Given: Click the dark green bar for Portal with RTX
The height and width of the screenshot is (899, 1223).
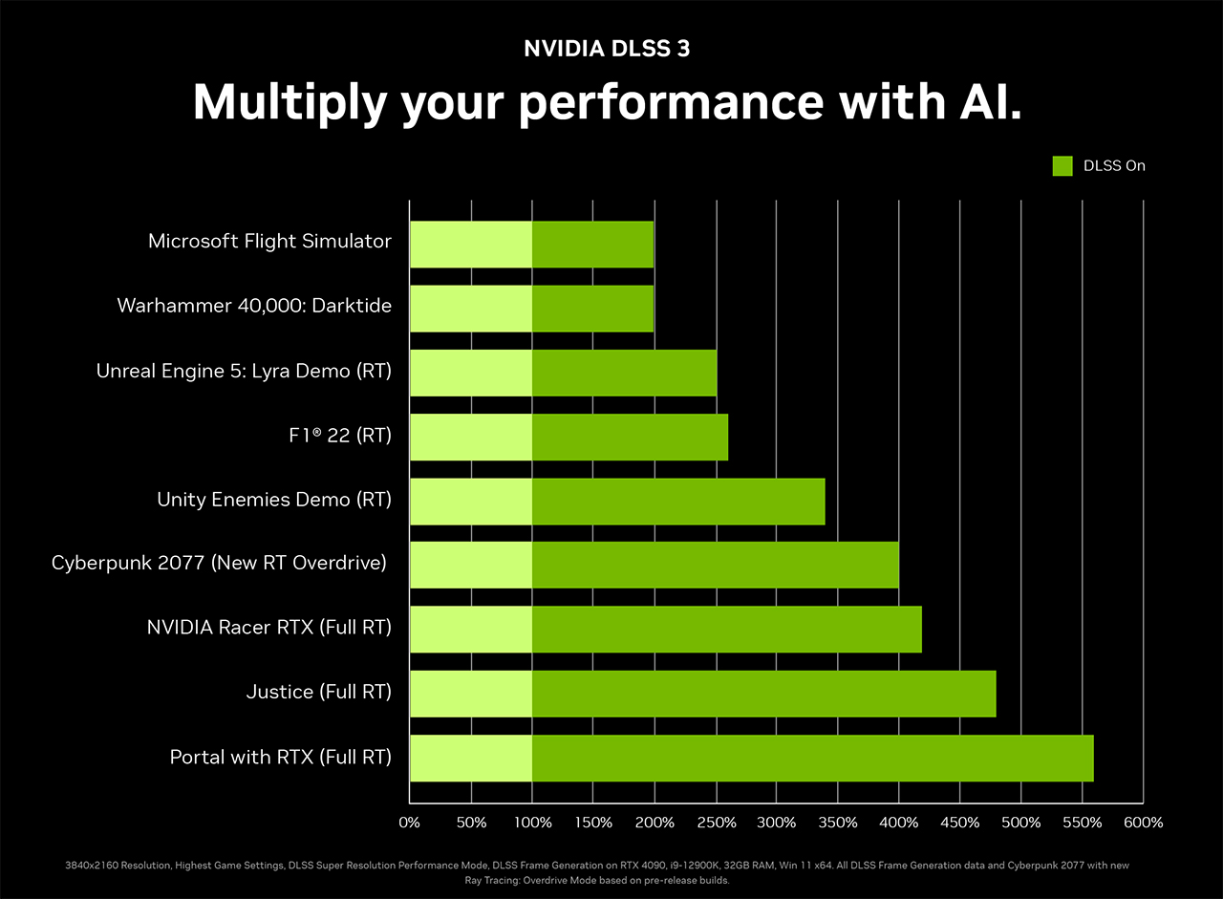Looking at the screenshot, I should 812,759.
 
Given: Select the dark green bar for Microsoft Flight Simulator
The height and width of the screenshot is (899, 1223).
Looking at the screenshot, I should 592,245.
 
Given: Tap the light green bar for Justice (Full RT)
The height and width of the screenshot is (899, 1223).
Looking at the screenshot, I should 471,694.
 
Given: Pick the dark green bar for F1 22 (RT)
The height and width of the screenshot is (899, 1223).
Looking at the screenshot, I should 630,437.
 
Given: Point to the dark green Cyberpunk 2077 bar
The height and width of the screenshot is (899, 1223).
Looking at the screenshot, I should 715,565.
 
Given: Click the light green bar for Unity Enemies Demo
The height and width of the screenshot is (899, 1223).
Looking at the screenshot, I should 471,501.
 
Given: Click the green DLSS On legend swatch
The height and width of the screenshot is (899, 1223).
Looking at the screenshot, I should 1062,166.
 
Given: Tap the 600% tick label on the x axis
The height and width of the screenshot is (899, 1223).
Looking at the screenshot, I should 1143,823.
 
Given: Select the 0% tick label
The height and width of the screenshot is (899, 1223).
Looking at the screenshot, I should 409,823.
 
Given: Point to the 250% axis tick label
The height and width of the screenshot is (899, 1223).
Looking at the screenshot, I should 717,823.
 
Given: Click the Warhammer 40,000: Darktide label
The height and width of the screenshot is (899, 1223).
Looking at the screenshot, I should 254,306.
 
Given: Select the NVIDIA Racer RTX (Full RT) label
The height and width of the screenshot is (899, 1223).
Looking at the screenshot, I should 269,627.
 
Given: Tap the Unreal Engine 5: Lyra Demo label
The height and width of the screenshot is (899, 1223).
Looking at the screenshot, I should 244,371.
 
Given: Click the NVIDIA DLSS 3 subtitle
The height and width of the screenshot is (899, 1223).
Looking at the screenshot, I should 607,50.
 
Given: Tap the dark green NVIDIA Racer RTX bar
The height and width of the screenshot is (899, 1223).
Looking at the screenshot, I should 726,630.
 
